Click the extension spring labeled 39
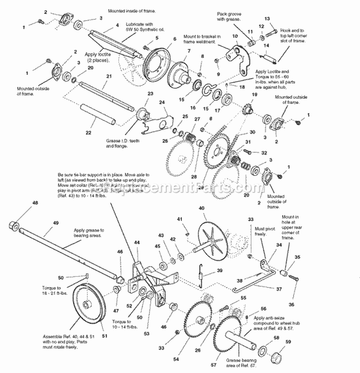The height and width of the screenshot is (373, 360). (203, 274)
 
